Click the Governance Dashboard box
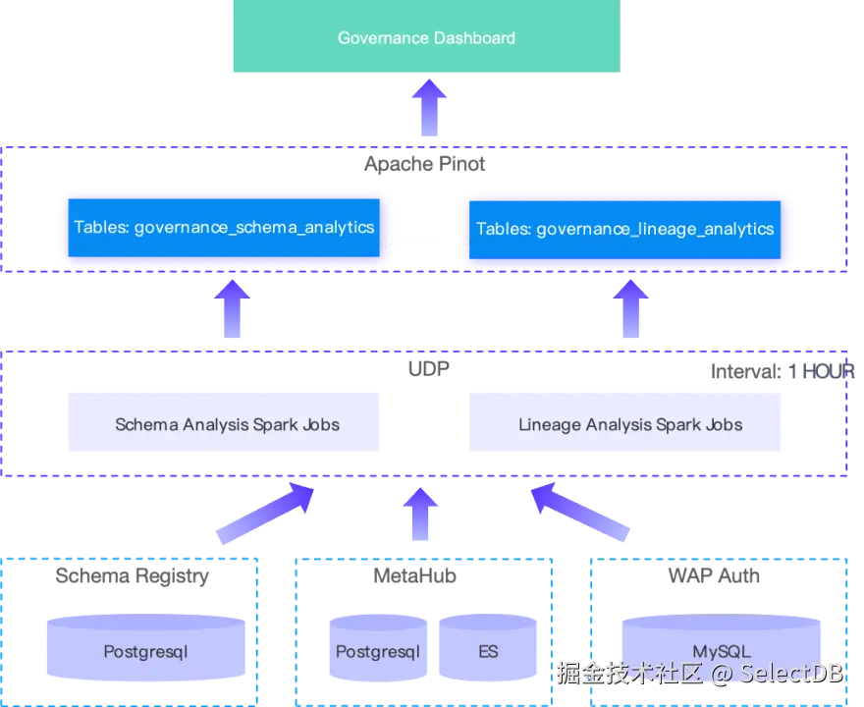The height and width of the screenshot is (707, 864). pos(426,35)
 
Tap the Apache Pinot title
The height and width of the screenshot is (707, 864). pos(425,164)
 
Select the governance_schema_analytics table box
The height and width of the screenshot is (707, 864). pos(224,228)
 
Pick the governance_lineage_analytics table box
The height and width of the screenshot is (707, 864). pos(624,229)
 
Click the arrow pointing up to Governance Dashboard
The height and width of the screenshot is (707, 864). pos(429,107)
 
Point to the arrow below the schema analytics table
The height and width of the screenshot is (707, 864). pos(232,308)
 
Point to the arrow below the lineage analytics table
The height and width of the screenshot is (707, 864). pos(631,308)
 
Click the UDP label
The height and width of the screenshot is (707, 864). pos(429,368)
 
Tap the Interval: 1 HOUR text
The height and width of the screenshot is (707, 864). pos(783,371)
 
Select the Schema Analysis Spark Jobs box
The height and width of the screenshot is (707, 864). pos(224,422)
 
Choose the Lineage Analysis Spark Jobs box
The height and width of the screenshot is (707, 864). pos(624,422)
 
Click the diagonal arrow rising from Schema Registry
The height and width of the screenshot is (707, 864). pos(265,514)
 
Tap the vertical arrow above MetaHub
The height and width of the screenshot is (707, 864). pos(420,515)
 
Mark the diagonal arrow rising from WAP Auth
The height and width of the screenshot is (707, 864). pos(580,512)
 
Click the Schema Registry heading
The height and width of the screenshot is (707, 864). pos(133,575)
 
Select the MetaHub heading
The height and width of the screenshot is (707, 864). pos(415,575)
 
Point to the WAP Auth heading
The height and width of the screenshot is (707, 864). pos(714,575)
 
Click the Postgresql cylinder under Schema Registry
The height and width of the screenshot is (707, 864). pos(146,647)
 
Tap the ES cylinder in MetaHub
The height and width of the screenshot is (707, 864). pos(488,648)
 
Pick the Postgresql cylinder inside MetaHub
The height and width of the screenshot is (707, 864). pos(378,648)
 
